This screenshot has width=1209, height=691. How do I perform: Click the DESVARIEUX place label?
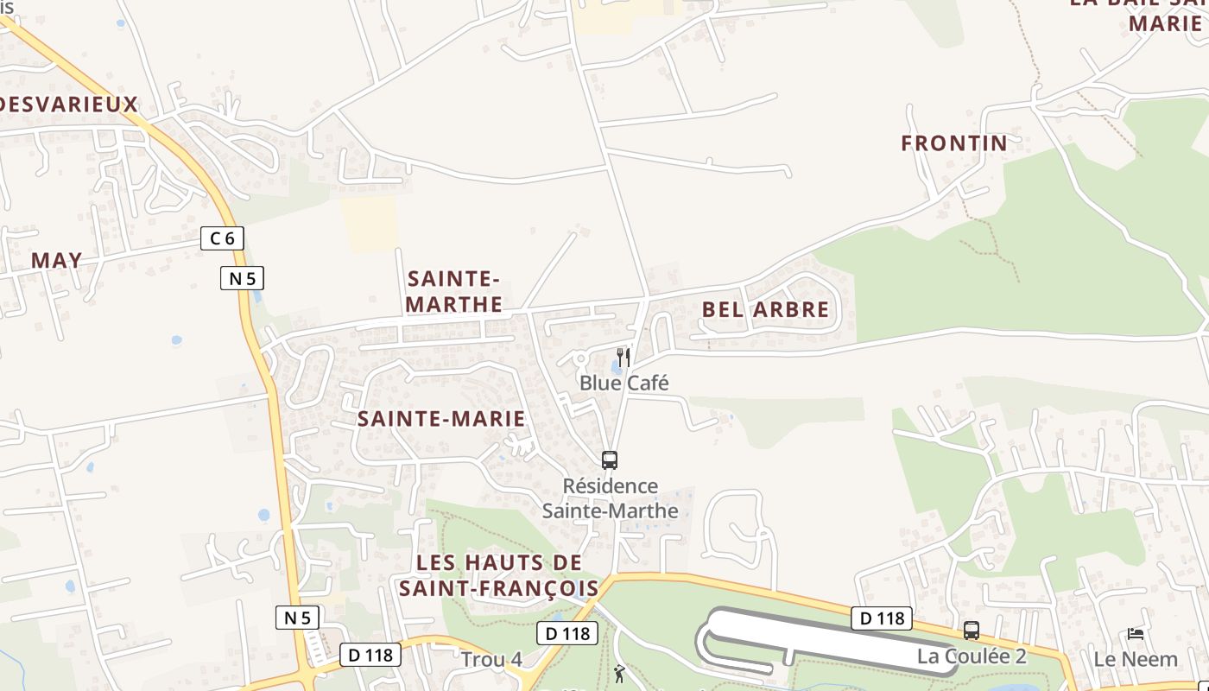pyautogui.click(x=67, y=105)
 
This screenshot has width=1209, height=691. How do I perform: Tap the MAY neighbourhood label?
pyautogui.click(x=57, y=260)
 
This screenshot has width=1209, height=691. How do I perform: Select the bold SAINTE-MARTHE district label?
pyautogui.click(x=453, y=291)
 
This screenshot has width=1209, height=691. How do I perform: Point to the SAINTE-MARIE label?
pyautogui.click(x=441, y=419)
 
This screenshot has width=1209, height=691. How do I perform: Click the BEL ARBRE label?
pyautogui.click(x=765, y=309)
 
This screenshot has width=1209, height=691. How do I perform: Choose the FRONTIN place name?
pyautogui.click(x=954, y=143)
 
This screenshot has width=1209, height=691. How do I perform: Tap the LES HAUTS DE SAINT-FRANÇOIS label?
pyautogui.click(x=499, y=575)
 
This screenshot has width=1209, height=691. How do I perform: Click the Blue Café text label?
pyautogui.click(x=623, y=383)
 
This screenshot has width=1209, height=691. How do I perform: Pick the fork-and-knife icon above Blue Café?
pyautogui.click(x=623, y=358)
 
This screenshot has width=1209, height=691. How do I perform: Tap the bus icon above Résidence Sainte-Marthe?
pyautogui.click(x=610, y=460)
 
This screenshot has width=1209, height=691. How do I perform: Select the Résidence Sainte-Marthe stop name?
pyautogui.click(x=610, y=498)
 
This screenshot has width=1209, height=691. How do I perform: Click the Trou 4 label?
pyautogui.click(x=491, y=660)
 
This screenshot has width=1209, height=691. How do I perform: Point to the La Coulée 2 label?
pyautogui.click(x=972, y=656)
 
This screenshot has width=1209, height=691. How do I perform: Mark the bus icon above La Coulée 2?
pyautogui.click(x=972, y=631)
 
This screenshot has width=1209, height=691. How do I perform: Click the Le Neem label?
pyautogui.click(x=1136, y=659)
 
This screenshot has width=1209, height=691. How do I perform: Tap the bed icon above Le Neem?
pyautogui.click(x=1136, y=634)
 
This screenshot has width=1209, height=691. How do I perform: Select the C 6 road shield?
pyautogui.click(x=222, y=238)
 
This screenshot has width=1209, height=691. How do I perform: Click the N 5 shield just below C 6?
pyautogui.click(x=242, y=278)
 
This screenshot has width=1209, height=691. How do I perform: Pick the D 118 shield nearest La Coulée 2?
pyautogui.click(x=882, y=618)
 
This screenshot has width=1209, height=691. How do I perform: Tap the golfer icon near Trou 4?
pyautogui.click(x=619, y=674)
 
